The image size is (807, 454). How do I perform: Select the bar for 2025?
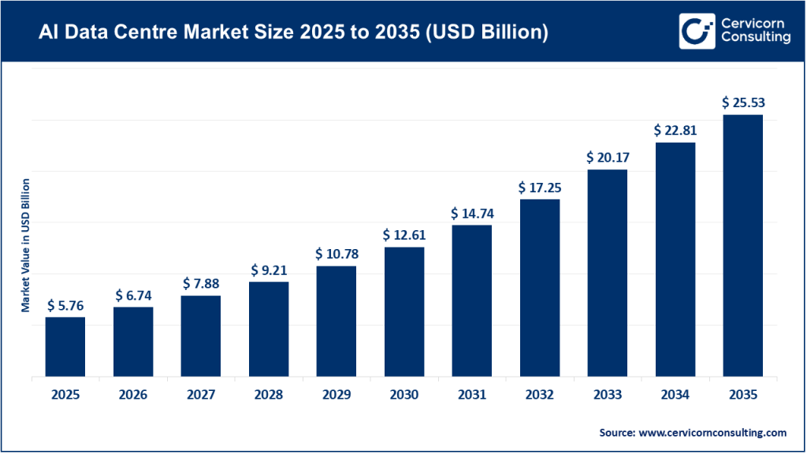(x=65, y=347)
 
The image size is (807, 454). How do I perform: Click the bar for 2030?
(x=404, y=312)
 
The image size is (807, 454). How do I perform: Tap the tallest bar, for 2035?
(x=742, y=246)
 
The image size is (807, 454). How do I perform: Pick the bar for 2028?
(x=269, y=329)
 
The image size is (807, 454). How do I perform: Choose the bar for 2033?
(x=608, y=274)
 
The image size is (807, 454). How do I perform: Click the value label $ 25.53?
(x=742, y=102)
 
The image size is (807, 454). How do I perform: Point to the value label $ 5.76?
(x=65, y=304)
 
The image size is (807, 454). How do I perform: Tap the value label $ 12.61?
(x=404, y=235)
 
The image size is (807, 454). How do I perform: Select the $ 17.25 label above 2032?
(x=540, y=188)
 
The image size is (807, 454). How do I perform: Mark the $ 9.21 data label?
(x=269, y=270)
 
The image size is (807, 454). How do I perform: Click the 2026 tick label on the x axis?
(x=133, y=394)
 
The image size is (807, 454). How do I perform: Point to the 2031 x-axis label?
(x=472, y=394)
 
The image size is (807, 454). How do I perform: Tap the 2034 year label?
(x=675, y=394)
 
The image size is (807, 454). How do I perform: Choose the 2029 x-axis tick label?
(x=337, y=394)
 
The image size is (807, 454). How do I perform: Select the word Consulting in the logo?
(x=754, y=39)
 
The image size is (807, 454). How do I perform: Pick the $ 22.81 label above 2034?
(x=675, y=130)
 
